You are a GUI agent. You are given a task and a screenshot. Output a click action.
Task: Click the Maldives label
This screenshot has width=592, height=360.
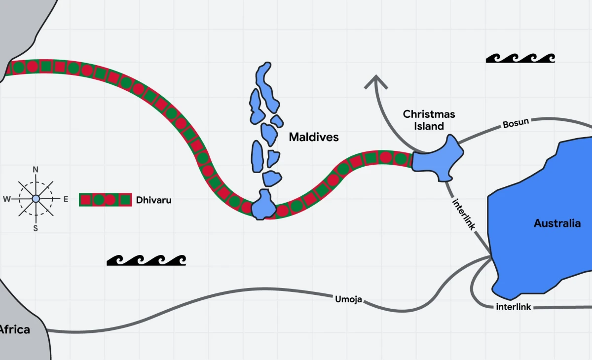click(x=314, y=137)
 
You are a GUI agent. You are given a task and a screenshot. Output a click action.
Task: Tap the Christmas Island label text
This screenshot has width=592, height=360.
click(x=429, y=120)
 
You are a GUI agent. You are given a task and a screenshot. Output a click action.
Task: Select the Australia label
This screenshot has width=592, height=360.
click(x=557, y=223)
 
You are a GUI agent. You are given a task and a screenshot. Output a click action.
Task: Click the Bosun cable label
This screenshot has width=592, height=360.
click(x=516, y=123)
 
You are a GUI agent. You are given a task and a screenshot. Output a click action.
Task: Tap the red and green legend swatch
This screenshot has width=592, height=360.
click(x=105, y=200)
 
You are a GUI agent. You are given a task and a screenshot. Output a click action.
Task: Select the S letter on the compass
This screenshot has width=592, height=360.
click(x=36, y=228)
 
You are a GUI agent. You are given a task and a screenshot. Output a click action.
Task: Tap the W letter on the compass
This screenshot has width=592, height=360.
click(x=7, y=199)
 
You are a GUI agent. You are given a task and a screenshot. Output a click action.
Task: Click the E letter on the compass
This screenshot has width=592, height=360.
click(x=65, y=199)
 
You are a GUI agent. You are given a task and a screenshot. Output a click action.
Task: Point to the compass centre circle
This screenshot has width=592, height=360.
click(x=36, y=199)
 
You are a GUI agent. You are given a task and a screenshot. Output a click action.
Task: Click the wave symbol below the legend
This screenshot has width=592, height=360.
click(x=146, y=260)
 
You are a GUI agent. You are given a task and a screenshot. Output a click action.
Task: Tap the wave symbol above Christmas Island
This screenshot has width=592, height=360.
click(x=520, y=58)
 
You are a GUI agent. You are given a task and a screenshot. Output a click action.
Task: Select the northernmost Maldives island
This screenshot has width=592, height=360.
click(x=267, y=86)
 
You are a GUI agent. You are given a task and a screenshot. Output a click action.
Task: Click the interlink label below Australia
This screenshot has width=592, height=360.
click(x=514, y=307)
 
